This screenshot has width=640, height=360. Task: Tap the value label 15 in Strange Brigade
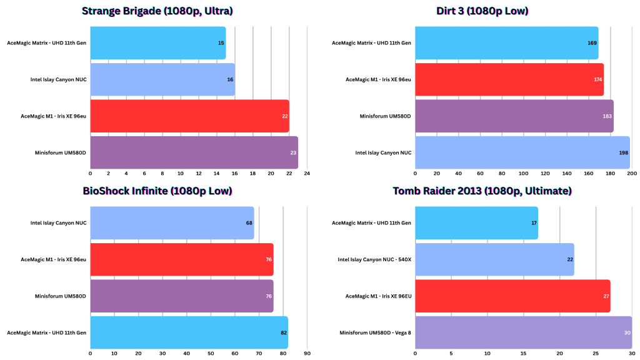point(221,43)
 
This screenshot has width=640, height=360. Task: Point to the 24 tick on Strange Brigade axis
point(307,173)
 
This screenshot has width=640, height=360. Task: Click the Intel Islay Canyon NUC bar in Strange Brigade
point(162,79)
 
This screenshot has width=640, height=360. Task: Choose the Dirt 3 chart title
point(482,11)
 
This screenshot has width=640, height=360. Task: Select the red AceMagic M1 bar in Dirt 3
point(509,79)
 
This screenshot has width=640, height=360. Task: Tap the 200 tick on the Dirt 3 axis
point(632,173)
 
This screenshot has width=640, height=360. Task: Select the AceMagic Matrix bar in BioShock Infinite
point(189,332)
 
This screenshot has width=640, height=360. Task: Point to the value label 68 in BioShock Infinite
point(249,223)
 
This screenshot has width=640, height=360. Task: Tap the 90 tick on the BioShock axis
point(307,353)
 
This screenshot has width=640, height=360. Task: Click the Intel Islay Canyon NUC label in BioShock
point(58,223)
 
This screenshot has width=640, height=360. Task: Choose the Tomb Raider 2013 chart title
point(482,191)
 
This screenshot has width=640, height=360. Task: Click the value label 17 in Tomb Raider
point(534,223)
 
